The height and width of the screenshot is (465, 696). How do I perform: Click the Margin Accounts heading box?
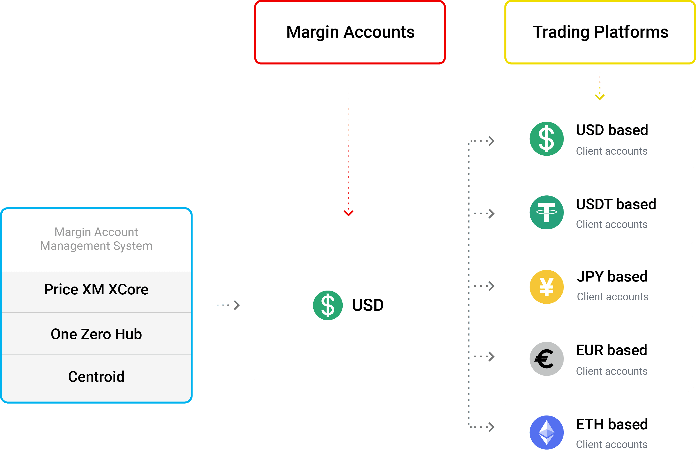coord(350,32)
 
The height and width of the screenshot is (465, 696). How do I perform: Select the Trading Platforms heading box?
coord(600,32)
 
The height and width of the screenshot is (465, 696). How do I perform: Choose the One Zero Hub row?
coord(96,334)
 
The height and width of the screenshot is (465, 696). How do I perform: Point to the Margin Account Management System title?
coord(96,239)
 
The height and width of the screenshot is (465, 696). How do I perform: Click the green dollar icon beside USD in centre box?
coord(328,305)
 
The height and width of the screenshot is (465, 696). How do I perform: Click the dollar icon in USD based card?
coord(546,139)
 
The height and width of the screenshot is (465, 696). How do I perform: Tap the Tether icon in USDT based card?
coord(546,212)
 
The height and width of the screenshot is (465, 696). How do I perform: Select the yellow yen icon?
coord(546,287)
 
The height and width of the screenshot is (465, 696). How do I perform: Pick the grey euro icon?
coord(546,359)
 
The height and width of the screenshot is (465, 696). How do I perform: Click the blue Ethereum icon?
coord(546,432)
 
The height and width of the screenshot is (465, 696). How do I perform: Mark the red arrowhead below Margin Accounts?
coord(348,213)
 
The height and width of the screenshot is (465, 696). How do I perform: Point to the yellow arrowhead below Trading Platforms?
coord(599,97)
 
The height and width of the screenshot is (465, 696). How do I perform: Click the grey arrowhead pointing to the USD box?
coord(237,305)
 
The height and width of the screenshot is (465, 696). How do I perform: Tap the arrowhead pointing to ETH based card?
coord(491,427)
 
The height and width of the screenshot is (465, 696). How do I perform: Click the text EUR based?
coord(611,350)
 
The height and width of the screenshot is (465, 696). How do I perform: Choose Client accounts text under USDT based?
coord(611,224)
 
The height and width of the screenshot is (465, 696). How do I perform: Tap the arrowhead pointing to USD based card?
coord(491,141)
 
